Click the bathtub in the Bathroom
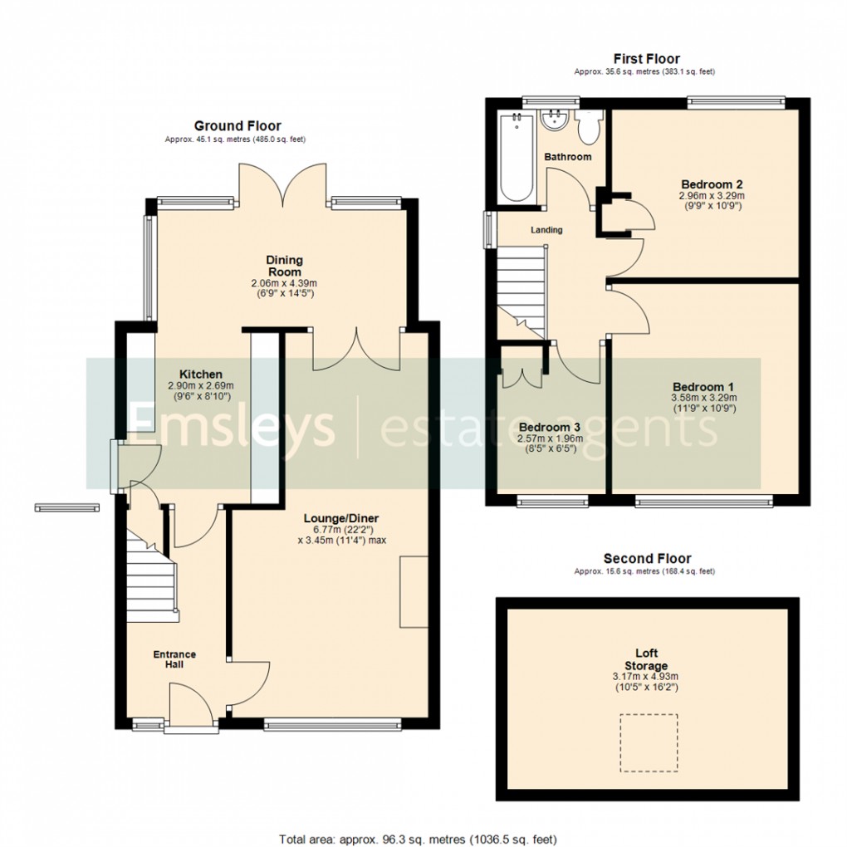pyautogui.click(x=517, y=158)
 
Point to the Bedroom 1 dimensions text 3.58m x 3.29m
pyautogui.click(x=703, y=399)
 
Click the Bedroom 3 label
pyautogui.click(x=549, y=427)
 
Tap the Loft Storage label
pyautogui.click(x=646, y=660)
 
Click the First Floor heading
pyautogui.click(x=646, y=58)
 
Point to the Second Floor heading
pyautogui.click(x=647, y=558)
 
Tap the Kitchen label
pyautogui.click(x=201, y=375)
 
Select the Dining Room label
pyautogui.click(x=284, y=266)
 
